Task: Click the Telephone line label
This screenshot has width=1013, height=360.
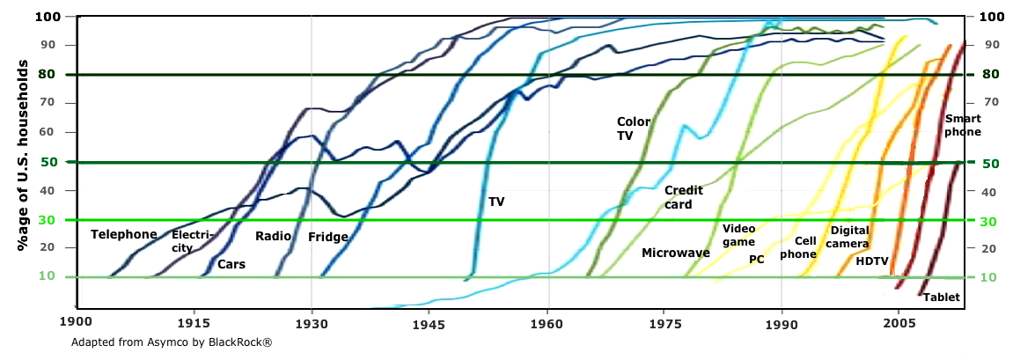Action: (124, 235)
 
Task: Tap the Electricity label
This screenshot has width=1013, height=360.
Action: (187, 241)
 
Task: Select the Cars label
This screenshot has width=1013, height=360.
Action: (231, 264)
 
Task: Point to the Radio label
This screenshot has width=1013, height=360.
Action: (273, 236)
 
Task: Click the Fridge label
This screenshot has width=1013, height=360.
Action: (328, 237)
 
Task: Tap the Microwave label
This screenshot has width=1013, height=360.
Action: (676, 253)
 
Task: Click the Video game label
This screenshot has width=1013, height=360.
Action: (738, 235)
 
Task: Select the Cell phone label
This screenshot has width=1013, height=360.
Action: (798, 247)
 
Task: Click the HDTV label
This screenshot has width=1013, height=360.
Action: (872, 261)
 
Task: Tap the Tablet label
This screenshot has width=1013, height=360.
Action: (942, 298)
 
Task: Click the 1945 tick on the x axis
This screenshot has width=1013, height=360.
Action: (429, 323)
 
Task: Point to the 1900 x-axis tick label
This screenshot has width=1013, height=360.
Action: (77, 323)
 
